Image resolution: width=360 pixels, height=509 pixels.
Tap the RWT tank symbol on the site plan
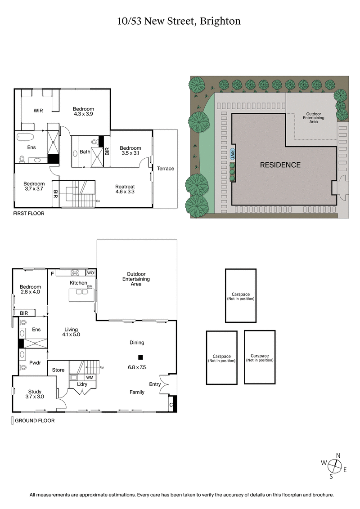pyautogui.click(x=233, y=154)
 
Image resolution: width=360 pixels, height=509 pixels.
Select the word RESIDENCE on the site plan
pyautogui.click(x=280, y=165)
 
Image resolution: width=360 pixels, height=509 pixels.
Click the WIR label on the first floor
pyautogui.click(x=38, y=111)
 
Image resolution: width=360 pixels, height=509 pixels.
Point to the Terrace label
pyautogui.click(x=165, y=169)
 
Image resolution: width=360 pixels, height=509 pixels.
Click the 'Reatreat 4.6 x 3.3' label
pyautogui.click(x=125, y=189)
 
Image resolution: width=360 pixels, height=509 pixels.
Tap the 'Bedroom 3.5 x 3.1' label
pyautogui.click(x=130, y=151)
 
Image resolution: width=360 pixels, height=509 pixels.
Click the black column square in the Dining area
pyautogui.click(x=140, y=357)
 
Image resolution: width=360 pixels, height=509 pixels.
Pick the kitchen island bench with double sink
pyautogui.click(x=82, y=295)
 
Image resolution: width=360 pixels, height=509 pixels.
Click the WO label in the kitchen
pyautogui.click(x=90, y=273)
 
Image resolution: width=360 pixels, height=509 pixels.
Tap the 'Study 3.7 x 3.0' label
pyautogui.click(x=35, y=394)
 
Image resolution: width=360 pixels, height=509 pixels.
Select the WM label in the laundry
pyautogui.click(x=90, y=377)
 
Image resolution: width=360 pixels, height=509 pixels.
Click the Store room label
pyautogui.click(x=58, y=370)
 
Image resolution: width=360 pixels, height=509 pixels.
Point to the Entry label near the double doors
pyautogui.click(x=155, y=384)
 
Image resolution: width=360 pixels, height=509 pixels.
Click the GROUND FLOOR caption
pyautogui.click(x=35, y=421)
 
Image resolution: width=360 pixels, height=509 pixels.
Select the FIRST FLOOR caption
pyautogui.click(x=29, y=213)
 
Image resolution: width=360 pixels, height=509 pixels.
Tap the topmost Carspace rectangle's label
pyautogui.click(x=240, y=295)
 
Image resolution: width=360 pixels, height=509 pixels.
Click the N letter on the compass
pyautogui.click(x=338, y=455)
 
